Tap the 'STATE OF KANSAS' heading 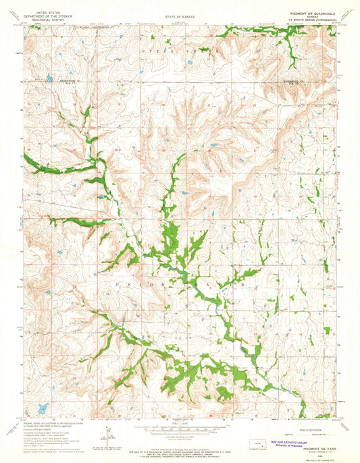pyautogui.click(x=178, y=14)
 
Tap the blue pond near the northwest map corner pyautogui.click(x=49, y=79)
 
